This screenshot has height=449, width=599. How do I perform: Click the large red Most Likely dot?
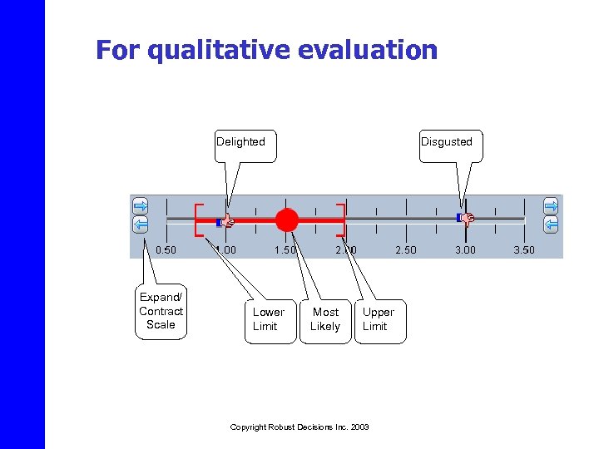(286, 220)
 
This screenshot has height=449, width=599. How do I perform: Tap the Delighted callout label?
(240, 142)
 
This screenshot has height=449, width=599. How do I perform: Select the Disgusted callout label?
(446, 142)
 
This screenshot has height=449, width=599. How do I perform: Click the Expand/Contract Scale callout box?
(161, 312)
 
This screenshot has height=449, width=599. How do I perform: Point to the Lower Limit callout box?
(269, 319)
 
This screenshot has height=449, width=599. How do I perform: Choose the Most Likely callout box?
(325, 319)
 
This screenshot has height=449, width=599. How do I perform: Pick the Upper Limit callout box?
(379, 319)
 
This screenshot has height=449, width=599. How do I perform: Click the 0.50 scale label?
(166, 249)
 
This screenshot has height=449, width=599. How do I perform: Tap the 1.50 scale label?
(285, 249)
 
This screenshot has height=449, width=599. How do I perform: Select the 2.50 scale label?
(406, 249)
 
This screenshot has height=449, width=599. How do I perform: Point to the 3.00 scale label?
(466, 249)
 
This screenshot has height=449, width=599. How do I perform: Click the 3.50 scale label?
(524, 249)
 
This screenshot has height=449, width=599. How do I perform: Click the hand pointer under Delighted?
(226, 221)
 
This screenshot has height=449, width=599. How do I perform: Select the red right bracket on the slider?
(341, 220)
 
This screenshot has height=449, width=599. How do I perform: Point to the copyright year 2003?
(359, 427)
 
